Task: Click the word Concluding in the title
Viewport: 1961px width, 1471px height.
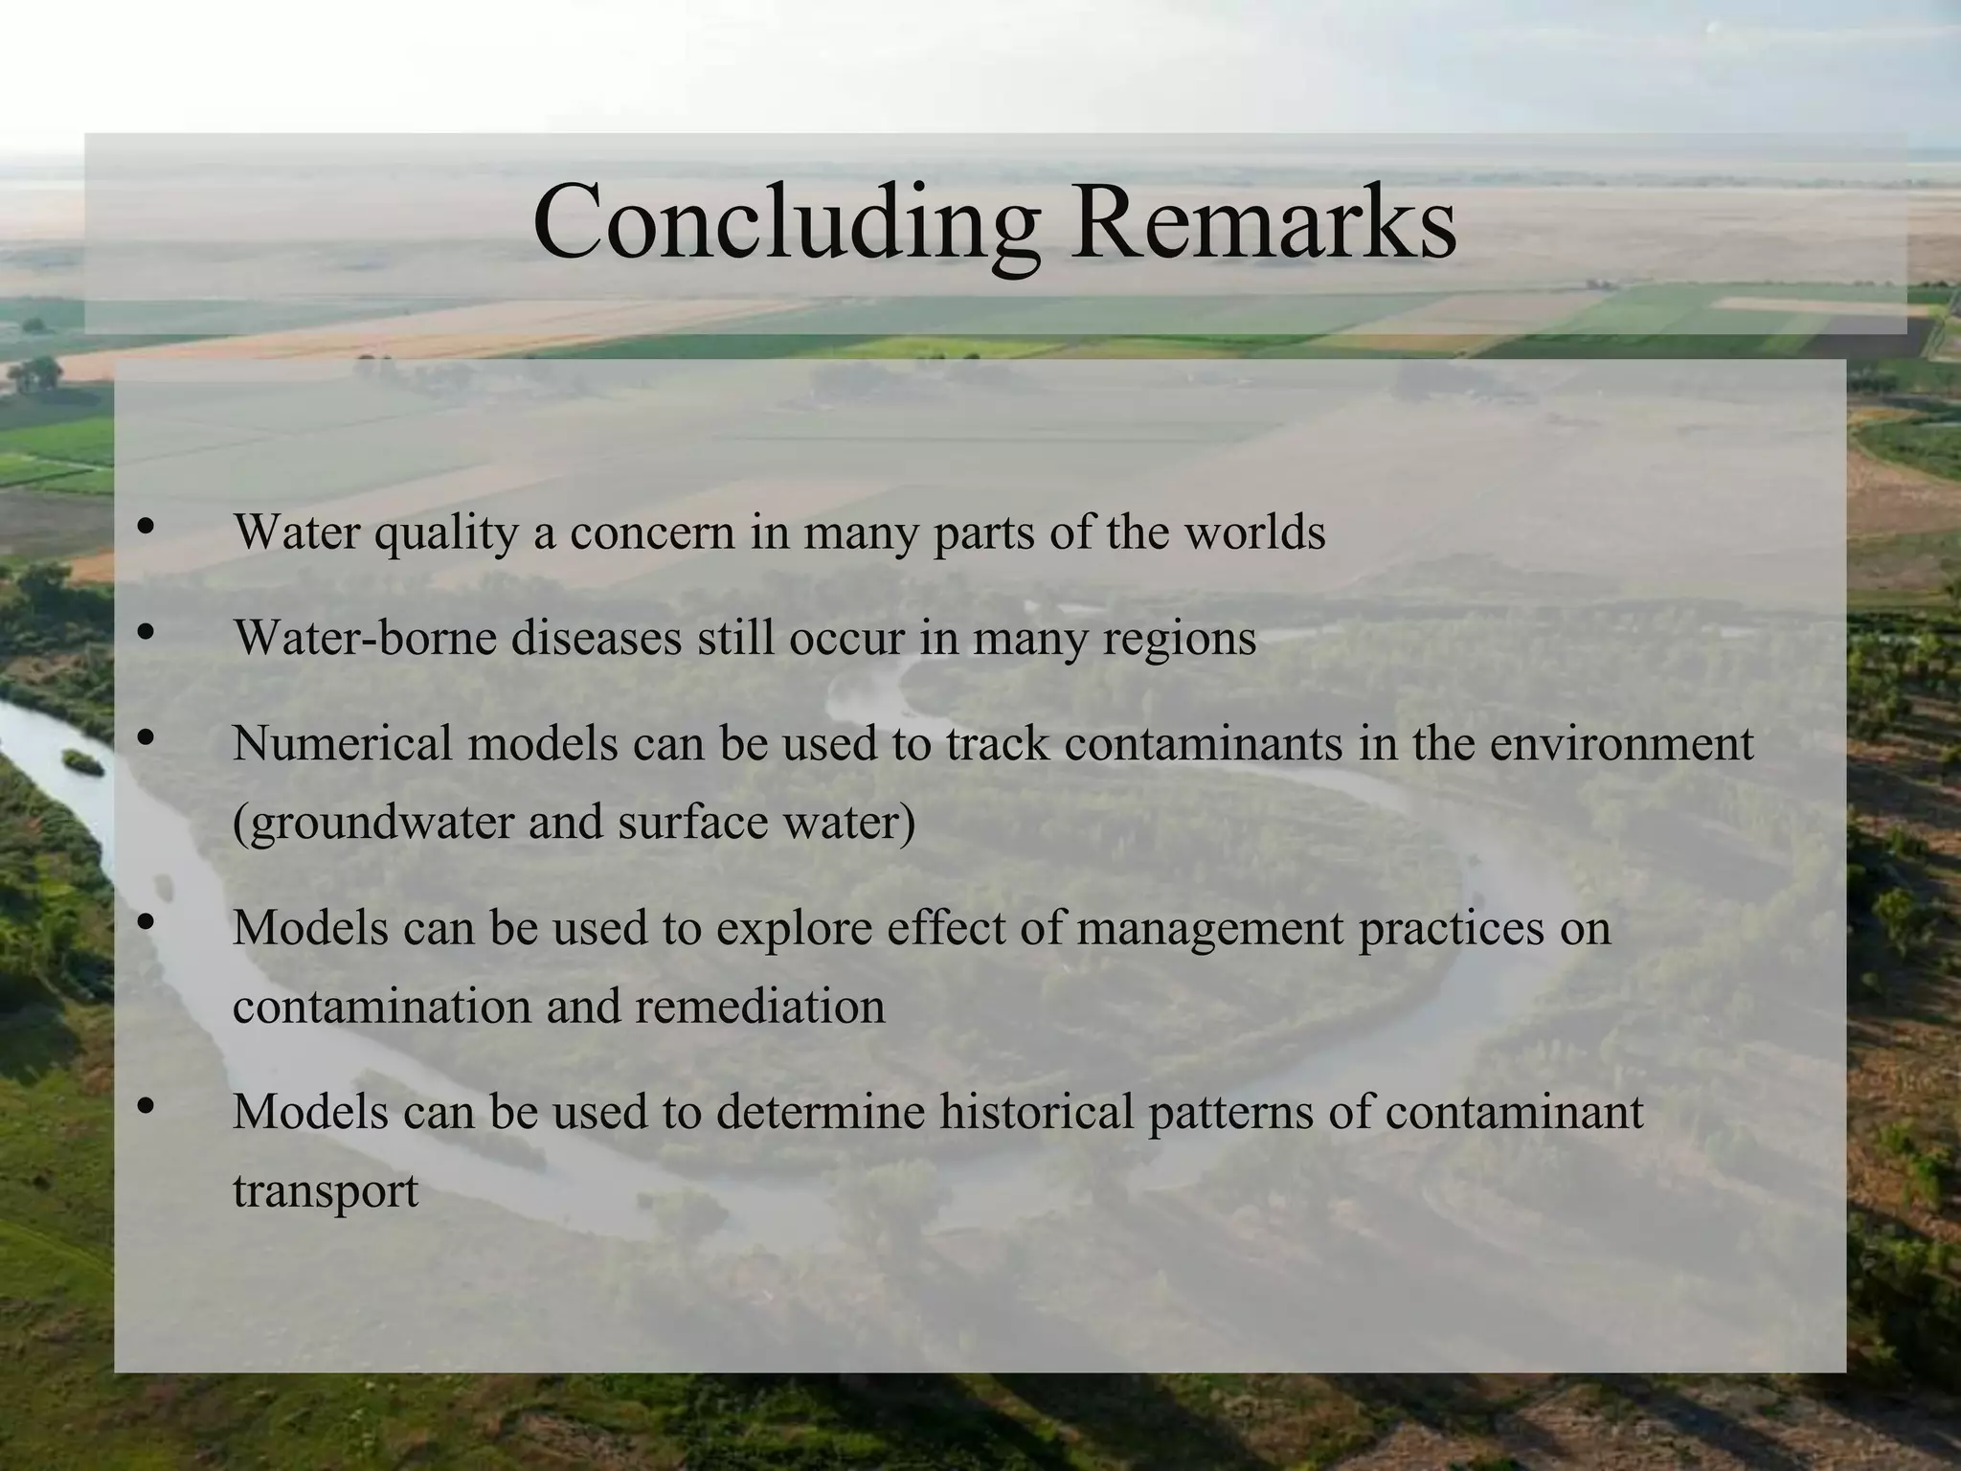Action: coord(786,223)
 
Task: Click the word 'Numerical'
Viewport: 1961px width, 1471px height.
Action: coord(342,742)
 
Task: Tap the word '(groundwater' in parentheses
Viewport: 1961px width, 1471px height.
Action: coord(372,823)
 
